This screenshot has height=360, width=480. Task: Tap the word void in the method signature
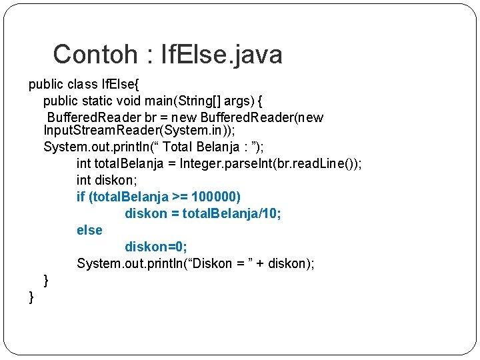[x=135, y=101]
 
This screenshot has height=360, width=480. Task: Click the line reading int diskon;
[x=108, y=180]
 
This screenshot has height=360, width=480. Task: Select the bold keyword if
[x=81, y=197]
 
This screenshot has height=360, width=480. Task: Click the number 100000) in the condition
[x=216, y=197]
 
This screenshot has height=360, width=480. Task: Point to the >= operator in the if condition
[x=180, y=197]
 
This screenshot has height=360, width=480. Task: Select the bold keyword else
[x=89, y=230]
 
